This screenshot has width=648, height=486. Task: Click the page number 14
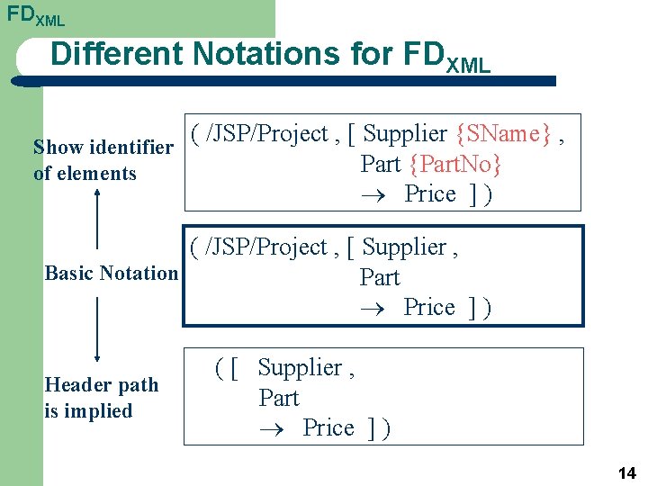point(626,472)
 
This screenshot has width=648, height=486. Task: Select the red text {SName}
point(504,134)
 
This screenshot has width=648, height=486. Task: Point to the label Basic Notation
point(111,273)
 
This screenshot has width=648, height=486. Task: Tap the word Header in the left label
point(76,385)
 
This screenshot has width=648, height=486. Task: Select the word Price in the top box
point(429,193)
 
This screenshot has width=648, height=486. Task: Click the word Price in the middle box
point(429,307)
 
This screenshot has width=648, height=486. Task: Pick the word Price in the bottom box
point(328,427)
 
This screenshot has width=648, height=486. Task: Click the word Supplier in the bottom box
point(300,367)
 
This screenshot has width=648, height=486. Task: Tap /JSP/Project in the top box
point(267,134)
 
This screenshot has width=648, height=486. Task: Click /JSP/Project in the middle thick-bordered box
point(267,247)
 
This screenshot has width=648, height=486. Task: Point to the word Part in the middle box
point(379,277)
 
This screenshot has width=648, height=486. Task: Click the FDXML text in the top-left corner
point(35,15)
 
